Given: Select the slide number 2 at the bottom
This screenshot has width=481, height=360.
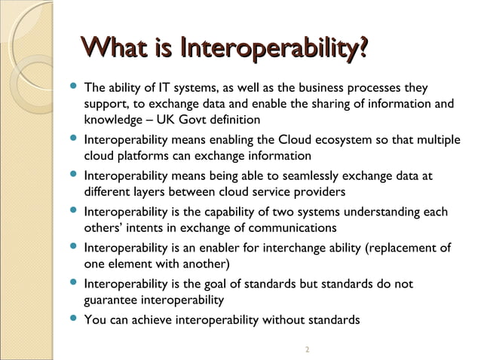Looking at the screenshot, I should point(307,349).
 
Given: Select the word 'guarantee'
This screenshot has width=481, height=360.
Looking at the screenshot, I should point(112,300).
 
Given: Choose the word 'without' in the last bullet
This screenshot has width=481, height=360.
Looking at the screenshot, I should point(280,320).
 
